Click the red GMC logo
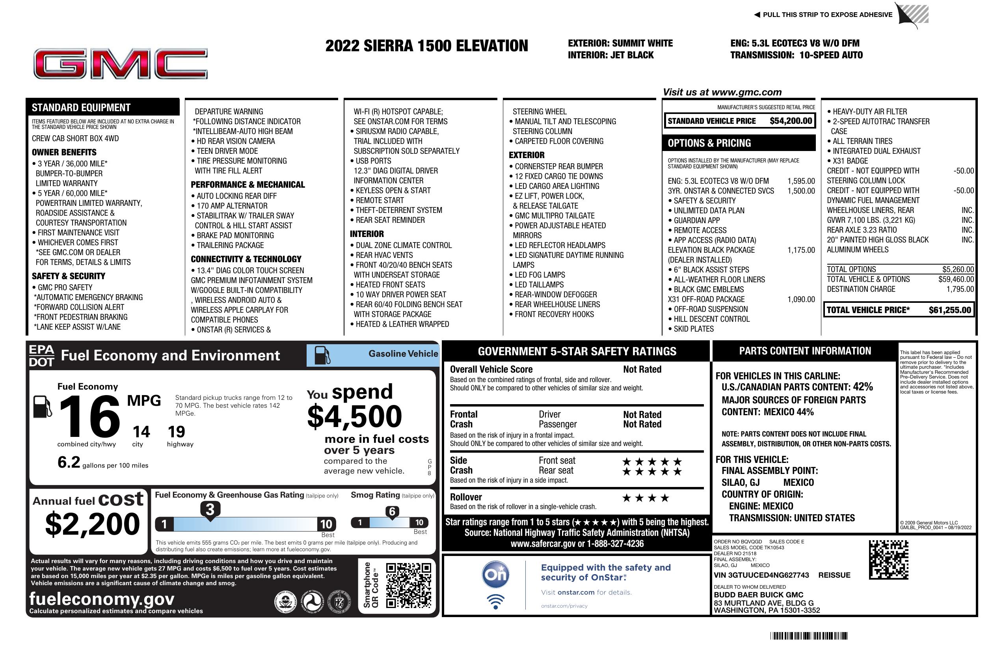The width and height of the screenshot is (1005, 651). [x=120, y=64]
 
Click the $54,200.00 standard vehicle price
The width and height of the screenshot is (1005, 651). [x=790, y=121]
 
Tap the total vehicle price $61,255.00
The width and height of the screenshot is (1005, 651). [x=950, y=310]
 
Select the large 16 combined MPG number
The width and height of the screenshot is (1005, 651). [x=89, y=416]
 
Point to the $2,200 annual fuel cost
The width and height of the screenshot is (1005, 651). [x=92, y=524]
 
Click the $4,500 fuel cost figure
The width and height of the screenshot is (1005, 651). [x=354, y=416]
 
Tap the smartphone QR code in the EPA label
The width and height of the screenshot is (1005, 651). [x=408, y=585]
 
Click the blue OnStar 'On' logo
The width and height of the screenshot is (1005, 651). [x=495, y=575]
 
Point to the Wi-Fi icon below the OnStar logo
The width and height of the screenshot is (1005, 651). [x=495, y=602]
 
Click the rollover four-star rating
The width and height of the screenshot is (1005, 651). [x=646, y=498]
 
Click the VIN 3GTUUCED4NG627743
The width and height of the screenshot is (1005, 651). [x=761, y=575]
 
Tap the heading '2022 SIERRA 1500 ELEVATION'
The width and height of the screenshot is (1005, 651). [x=426, y=46]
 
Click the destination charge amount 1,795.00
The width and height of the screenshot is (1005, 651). [x=960, y=289]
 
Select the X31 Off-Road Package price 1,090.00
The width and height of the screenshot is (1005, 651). [x=800, y=300]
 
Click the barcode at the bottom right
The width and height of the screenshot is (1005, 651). [x=809, y=636]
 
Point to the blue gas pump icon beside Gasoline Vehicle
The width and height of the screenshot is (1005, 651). [x=322, y=355]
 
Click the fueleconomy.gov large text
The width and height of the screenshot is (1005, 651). [x=102, y=599]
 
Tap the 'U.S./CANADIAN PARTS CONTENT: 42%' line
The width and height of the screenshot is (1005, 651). [x=797, y=387]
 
